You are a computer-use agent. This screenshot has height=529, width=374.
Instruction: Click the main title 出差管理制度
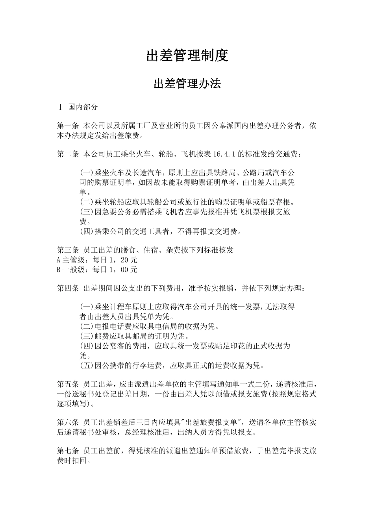click(187, 55)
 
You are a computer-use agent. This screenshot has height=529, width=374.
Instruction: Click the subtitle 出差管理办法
click(187, 83)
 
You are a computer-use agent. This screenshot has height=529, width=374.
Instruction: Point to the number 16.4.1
click(224, 154)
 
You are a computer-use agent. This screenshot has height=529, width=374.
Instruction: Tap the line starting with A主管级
click(97, 260)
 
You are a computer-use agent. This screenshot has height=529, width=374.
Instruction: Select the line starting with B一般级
click(97, 270)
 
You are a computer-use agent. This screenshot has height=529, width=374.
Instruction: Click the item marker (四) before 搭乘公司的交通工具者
click(87, 231)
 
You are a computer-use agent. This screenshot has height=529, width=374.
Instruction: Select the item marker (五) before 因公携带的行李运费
click(87, 365)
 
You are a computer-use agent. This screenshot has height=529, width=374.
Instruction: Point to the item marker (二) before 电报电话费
click(87, 327)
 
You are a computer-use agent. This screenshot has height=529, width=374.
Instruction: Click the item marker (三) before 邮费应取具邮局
click(87, 336)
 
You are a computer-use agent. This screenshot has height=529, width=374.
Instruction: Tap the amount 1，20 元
click(124, 260)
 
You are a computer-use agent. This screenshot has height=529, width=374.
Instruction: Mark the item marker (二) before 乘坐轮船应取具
click(87, 202)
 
